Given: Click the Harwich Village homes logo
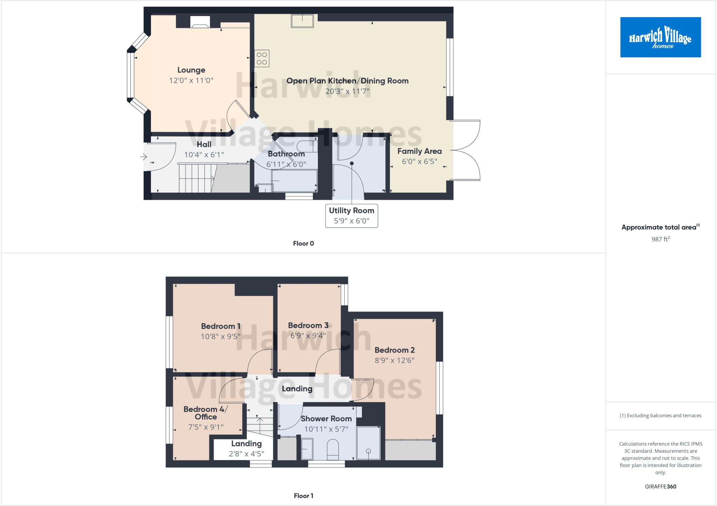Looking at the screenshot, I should click(x=660, y=37).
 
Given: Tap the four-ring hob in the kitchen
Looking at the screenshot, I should click(x=262, y=58).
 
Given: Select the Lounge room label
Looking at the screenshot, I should click(x=191, y=70).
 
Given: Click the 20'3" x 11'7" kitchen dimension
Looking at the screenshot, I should click(x=347, y=91).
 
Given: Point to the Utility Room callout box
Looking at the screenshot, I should click(x=351, y=216).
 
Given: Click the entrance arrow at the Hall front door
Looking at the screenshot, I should click(x=144, y=157).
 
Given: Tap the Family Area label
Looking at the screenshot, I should click(x=419, y=151).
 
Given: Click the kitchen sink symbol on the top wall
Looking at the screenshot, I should click(x=302, y=21).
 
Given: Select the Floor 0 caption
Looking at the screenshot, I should click(x=303, y=244).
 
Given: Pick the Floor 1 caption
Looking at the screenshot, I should click(x=303, y=496).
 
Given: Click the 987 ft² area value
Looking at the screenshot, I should click(x=660, y=239).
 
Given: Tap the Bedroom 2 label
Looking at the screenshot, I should click(x=395, y=350).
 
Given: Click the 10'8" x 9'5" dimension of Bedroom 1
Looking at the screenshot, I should click(x=221, y=337).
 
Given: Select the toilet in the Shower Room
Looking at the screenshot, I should click(x=333, y=450).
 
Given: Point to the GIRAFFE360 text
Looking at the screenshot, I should click(x=660, y=486).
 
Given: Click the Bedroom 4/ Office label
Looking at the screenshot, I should click(x=206, y=413).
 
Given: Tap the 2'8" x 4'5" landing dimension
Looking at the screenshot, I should click(x=246, y=454).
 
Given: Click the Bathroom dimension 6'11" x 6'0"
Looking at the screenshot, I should click(x=286, y=164).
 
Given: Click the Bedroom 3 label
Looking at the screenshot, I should click(x=308, y=325).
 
